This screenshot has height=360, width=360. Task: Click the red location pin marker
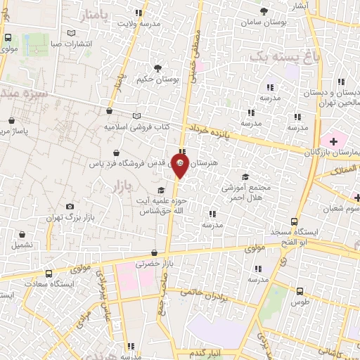tap(181, 167)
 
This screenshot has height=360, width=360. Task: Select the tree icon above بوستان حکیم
tap(157, 69)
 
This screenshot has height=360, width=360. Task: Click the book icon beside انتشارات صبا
tap(71, 33)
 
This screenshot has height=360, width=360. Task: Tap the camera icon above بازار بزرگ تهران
tap(69, 207)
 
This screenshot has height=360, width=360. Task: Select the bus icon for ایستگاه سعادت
tap(49, 274)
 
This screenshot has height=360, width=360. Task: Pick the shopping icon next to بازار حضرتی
tap(154, 253)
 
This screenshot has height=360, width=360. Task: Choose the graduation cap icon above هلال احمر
tap(245, 177)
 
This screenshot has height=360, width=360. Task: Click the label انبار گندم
tap(210, 352)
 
